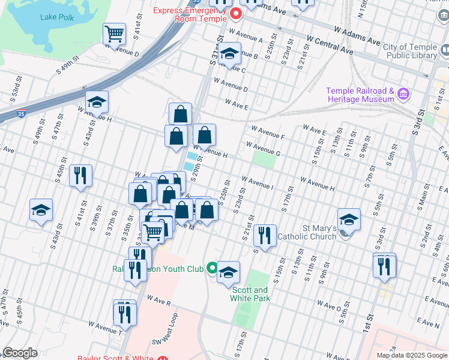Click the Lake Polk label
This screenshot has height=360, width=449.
pyautogui.click(x=57, y=17)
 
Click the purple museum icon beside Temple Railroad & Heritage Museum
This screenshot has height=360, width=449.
pyautogui.click(x=403, y=95)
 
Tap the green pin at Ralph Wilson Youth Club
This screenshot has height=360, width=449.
pyautogui.click(x=211, y=268)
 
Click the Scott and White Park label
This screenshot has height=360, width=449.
pyautogui.click(x=250, y=294)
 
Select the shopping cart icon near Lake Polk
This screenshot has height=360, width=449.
pyautogui.click(x=114, y=34)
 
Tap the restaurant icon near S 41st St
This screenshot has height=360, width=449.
pyautogui.click(x=80, y=176)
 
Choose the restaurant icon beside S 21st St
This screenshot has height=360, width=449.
pyautogui.click(x=264, y=235)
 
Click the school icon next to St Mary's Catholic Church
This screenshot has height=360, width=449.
pyautogui.click(x=349, y=220)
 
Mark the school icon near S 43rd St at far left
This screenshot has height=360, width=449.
pyautogui.click(x=41, y=211)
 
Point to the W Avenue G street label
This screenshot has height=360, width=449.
pyautogui.click(x=262, y=149)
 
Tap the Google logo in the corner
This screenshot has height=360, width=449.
pyautogui.click(x=20, y=353)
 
